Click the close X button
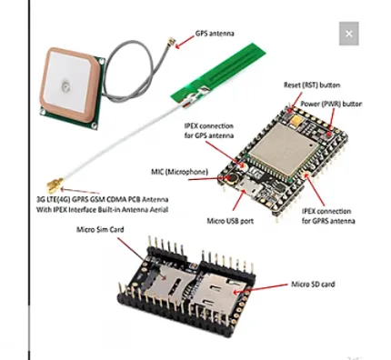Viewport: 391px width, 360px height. pos(348,35)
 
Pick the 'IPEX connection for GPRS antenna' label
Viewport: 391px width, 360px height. pos(332,213)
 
